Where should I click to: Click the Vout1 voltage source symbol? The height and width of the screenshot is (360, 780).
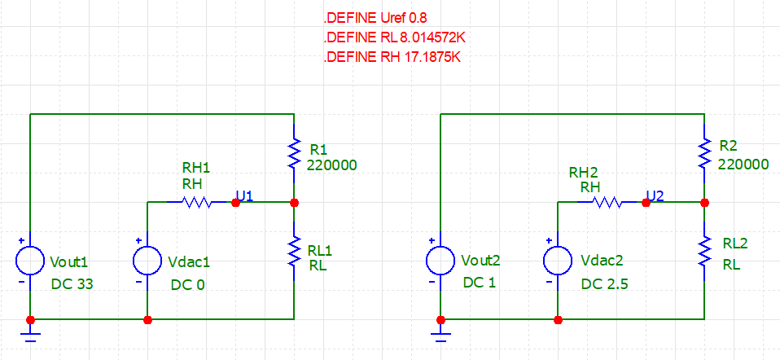click(x=30, y=261)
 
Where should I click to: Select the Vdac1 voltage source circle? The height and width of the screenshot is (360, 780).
click(x=147, y=261)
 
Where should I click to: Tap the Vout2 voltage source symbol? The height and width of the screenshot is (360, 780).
click(x=440, y=261)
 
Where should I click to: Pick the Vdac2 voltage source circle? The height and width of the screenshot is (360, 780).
click(x=559, y=261)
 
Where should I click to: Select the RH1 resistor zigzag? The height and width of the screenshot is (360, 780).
click(x=199, y=203)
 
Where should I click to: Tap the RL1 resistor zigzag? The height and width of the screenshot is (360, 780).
click(x=295, y=252)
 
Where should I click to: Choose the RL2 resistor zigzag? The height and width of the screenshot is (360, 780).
click(x=704, y=252)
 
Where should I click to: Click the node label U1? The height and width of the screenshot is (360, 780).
click(x=245, y=195)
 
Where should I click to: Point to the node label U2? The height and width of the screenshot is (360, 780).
click(x=655, y=195)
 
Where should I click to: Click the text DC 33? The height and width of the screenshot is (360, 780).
click(x=72, y=284)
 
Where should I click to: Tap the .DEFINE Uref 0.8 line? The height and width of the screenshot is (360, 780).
click(x=375, y=19)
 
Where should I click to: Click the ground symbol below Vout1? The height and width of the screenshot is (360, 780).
click(x=30, y=335)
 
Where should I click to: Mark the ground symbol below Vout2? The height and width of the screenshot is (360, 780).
click(x=440, y=335)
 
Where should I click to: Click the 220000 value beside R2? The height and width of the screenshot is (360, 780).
click(x=743, y=165)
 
